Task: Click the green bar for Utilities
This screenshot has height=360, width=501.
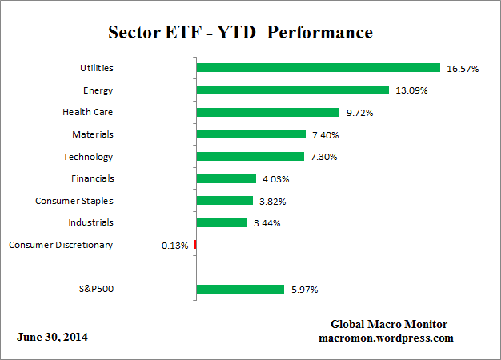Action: click(x=318, y=68)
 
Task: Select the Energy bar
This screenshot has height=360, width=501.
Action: click(x=292, y=90)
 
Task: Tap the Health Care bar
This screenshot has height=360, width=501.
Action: click(x=267, y=113)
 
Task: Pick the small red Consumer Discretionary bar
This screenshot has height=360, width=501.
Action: click(x=195, y=245)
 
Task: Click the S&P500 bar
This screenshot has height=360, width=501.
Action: click(x=240, y=289)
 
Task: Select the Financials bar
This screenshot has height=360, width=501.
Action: click(x=226, y=178)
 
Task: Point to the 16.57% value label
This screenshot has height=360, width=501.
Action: click(x=463, y=69)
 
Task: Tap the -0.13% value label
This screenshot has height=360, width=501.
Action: click(x=174, y=245)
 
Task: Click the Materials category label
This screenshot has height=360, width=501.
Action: click(x=93, y=134)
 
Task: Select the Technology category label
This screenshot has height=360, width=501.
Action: click(x=88, y=157)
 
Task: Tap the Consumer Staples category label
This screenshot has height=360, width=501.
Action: click(x=74, y=201)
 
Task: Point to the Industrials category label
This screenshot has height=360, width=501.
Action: click(x=90, y=222)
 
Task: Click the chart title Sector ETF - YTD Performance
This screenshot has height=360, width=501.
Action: click(x=240, y=33)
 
